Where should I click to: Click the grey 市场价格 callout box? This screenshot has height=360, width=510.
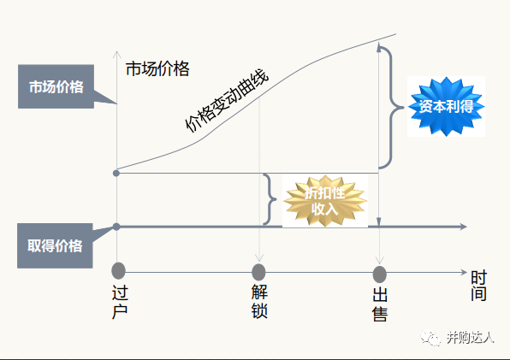click(x=56, y=86)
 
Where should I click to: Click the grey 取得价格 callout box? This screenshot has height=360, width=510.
click(x=55, y=245)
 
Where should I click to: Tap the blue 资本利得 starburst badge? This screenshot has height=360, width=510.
click(x=447, y=106)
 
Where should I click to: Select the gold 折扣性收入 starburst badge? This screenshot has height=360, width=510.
click(x=325, y=201)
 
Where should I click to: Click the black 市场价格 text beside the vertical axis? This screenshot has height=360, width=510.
click(x=157, y=68)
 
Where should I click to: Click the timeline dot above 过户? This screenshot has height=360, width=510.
click(x=118, y=271)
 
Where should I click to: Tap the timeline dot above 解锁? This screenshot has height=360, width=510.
click(x=258, y=272)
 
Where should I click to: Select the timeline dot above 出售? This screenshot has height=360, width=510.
click(x=379, y=274)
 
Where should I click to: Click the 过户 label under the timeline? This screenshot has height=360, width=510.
click(x=120, y=302)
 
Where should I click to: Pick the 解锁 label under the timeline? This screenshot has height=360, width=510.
click(x=259, y=301)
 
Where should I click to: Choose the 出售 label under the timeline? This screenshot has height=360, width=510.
click(x=380, y=304)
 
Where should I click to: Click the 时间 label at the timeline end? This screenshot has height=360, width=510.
click(x=478, y=286)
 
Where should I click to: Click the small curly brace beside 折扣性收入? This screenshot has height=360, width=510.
click(x=270, y=199)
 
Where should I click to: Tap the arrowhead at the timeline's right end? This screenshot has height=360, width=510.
click(x=464, y=272)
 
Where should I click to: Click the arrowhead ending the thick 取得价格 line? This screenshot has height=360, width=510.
click(x=463, y=227)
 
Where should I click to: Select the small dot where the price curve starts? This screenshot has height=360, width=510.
click(x=116, y=174)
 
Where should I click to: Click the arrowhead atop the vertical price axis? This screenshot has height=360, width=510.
click(x=116, y=55)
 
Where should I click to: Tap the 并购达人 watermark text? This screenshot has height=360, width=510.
click(x=470, y=338)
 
